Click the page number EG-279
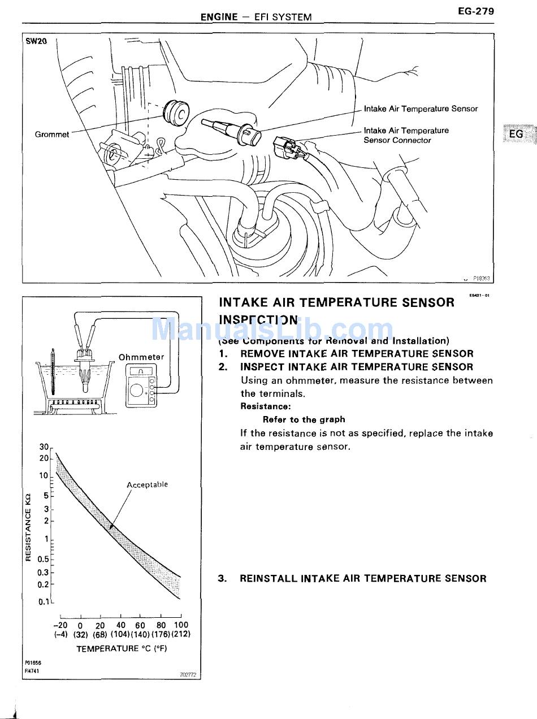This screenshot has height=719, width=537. pyautogui.click(x=476, y=11)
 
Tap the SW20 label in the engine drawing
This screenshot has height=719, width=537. pyautogui.click(x=36, y=41)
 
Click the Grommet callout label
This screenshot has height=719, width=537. pyautogui.click(x=52, y=135)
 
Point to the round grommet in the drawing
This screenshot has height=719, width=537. pyautogui.click(x=175, y=113)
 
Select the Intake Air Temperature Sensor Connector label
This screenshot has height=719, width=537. pyautogui.click(x=406, y=135)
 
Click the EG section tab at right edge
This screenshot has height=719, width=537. pyautogui.click(x=517, y=134)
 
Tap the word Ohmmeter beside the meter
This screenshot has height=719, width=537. pyautogui.click(x=141, y=357)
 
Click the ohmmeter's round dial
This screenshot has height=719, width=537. pyautogui.click(x=137, y=391)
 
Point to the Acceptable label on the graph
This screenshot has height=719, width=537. pyautogui.click(x=147, y=484)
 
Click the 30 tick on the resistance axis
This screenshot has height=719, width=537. pyautogui.click(x=45, y=447)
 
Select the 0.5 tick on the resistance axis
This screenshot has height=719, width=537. pyautogui.click(x=43, y=559)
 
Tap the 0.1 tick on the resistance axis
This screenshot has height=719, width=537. pyautogui.click(x=44, y=602)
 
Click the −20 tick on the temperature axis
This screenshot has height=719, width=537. pyautogui.click(x=60, y=625)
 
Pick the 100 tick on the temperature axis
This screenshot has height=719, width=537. pyautogui.click(x=181, y=625)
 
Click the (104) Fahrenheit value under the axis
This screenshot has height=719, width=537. pyautogui.click(x=121, y=634)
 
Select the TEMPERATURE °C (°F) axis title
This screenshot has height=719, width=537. pyautogui.click(x=122, y=648)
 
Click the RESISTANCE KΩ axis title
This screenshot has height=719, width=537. pyautogui.click(x=28, y=527)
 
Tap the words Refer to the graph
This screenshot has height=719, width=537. pyautogui.click(x=304, y=419)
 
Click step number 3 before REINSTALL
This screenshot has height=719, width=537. pyautogui.click(x=222, y=578)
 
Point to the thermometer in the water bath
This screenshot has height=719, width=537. pyautogui.click(x=53, y=373)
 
